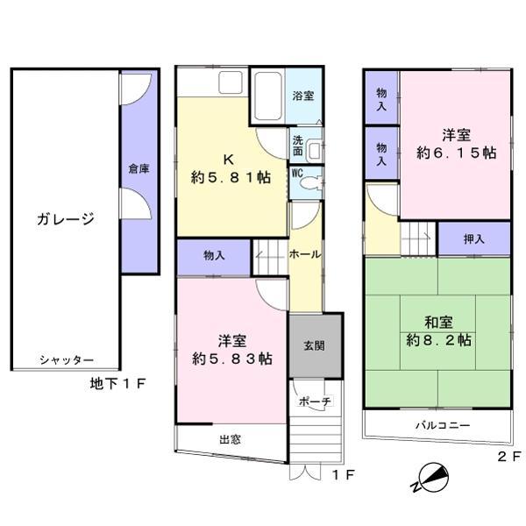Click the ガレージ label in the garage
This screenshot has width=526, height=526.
[x=65, y=219]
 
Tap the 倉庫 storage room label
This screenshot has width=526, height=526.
[x=138, y=167]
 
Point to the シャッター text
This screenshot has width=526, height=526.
[x=66, y=360]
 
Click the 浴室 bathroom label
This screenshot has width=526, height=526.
[x=303, y=96]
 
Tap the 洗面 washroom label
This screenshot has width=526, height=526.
[x=298, y=145]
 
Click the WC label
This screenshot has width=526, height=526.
[x=296, y=173]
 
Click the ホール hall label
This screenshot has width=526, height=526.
[x=304, y=253]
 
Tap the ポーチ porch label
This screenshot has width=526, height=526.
[x=315, y=401]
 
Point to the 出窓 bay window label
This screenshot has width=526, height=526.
[x=231, y=441]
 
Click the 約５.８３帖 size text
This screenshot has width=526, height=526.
[x=231, y=358]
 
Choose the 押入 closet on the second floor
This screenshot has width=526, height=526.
[x=474, y=238]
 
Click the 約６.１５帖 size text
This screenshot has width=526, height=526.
[x=457, y=153]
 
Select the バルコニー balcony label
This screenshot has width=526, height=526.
[x=444, y=425]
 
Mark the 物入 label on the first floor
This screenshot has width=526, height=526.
[x=214, y=256]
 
